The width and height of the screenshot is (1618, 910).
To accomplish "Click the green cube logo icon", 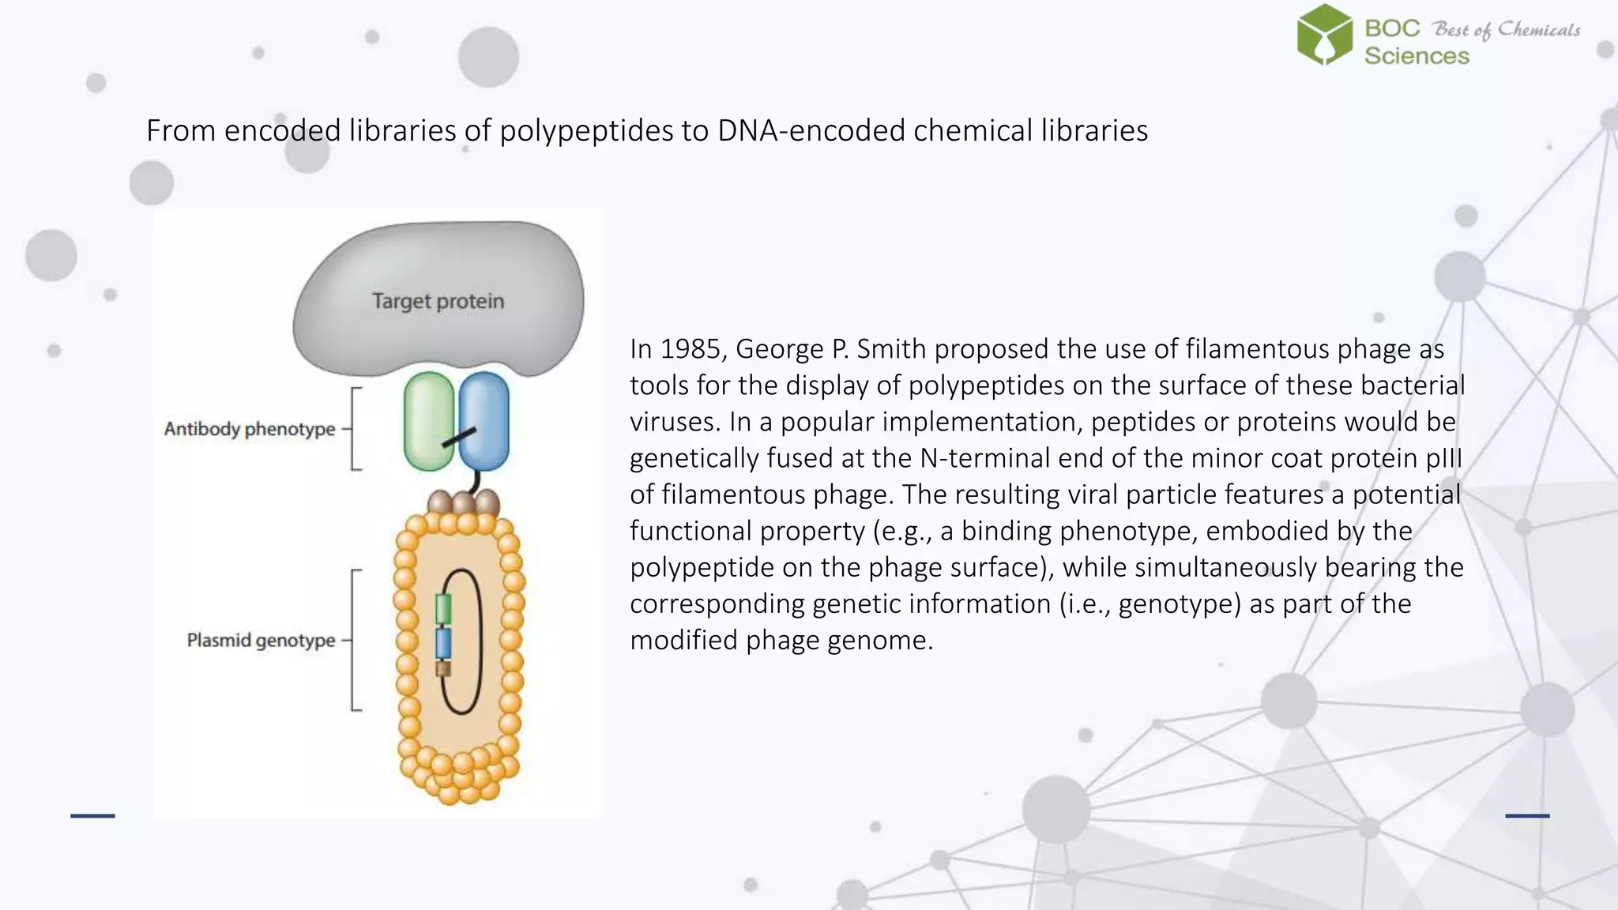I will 1325,35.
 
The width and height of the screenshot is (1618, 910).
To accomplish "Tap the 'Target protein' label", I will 438,301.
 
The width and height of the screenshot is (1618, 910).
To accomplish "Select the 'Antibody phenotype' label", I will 250,429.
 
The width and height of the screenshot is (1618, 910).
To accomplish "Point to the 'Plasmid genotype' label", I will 261,640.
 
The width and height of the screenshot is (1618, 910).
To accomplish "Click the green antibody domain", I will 428,421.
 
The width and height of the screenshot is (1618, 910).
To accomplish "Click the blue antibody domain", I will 484,421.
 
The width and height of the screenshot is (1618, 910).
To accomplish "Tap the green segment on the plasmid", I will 443,609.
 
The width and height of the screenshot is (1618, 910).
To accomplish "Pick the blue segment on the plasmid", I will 443,643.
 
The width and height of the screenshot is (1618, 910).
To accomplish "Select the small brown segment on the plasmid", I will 443,668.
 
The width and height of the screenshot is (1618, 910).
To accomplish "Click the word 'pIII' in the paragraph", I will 1443,458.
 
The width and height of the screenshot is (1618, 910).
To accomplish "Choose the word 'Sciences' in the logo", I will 1417,56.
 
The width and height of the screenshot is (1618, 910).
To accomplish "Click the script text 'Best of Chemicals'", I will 1507,29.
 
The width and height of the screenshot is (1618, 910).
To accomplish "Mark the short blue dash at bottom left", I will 92,815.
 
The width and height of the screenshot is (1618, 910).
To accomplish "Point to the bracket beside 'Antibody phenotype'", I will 356,429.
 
